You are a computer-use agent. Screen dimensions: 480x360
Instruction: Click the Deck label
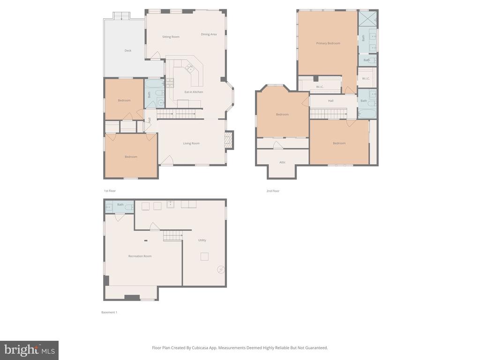point(128,51)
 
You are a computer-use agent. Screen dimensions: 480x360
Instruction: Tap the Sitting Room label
point(171,37)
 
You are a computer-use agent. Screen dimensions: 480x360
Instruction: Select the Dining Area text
point(209,34)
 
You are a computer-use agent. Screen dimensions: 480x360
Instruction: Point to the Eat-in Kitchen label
point(194,92)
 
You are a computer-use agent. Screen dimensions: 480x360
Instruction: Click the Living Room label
point(191,143)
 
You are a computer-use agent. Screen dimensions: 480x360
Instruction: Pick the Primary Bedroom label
point(328,43)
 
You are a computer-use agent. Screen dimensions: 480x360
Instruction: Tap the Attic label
point(282,162)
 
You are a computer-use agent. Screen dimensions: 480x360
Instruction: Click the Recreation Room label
point(140,256)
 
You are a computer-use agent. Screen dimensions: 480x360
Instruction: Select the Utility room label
point(202,240)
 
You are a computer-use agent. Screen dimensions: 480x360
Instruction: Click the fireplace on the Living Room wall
point(229,140)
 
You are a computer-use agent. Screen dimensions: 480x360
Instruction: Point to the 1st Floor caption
point(110,191)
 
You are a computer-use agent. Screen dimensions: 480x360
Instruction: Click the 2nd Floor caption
point(273,191)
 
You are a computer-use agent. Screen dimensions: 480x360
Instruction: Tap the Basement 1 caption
point(109,312)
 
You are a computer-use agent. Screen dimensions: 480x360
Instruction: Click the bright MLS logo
point(30,350)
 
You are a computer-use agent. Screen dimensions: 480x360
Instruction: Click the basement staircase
point(173,236)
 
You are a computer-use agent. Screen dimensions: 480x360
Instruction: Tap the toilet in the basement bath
point(129,207)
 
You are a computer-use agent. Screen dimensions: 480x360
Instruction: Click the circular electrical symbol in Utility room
point(221,270)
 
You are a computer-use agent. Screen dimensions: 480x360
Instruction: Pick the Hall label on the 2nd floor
point(330,101)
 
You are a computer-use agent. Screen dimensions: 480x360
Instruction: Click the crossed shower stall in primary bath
point(367,19)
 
